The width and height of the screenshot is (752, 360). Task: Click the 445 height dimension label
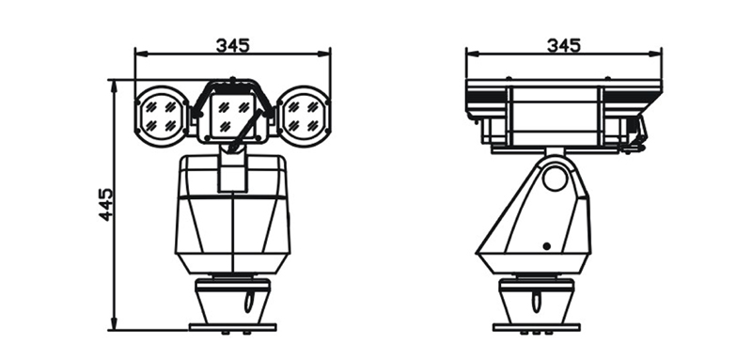point(106,205)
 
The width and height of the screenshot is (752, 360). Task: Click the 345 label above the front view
point(232,45)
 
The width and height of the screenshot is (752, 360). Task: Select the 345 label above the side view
point(563,45)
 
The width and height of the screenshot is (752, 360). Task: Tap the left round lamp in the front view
point(162,117)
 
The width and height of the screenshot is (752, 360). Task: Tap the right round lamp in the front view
point(304,117)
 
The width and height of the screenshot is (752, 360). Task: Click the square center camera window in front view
point(232,117)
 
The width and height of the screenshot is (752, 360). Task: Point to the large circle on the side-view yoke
point(556,178)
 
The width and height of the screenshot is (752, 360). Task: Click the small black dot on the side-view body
point(546,246)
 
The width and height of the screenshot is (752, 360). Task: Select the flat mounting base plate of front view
point(232,327)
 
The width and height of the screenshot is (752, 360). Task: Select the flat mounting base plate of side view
point(536,327)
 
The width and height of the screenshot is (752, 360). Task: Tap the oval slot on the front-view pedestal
point(248,302)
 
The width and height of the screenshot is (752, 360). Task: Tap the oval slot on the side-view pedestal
point(535,302)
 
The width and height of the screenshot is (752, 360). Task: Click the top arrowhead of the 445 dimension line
point(114,85)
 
